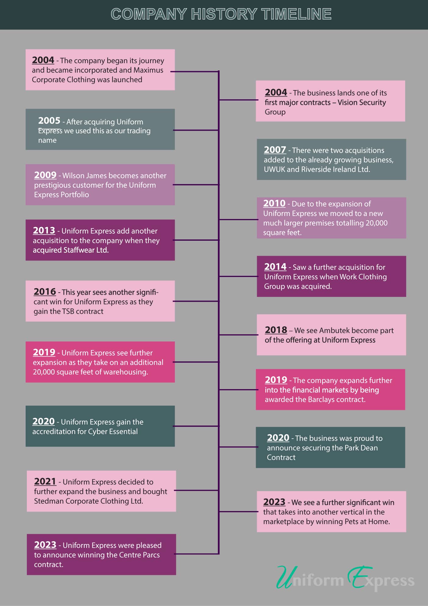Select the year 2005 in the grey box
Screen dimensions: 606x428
tap(49, 121)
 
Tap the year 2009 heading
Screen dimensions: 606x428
tap(45, 175)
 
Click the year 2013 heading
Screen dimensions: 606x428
tap(44, 230)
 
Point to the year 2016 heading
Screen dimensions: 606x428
tap(45, 292)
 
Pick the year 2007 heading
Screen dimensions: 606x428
tap(275, 150)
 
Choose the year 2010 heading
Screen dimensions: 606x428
tap(274, 203)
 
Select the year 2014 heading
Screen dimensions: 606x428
tap(275, 267)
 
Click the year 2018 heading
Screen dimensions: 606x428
tap(276, 330)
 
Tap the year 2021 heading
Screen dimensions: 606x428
tap(45, 481)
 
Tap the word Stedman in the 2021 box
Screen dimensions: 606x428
tap(49, 501)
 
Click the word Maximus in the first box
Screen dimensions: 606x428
tap(148, 70)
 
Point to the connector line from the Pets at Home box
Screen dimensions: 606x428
tap(238, 511)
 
